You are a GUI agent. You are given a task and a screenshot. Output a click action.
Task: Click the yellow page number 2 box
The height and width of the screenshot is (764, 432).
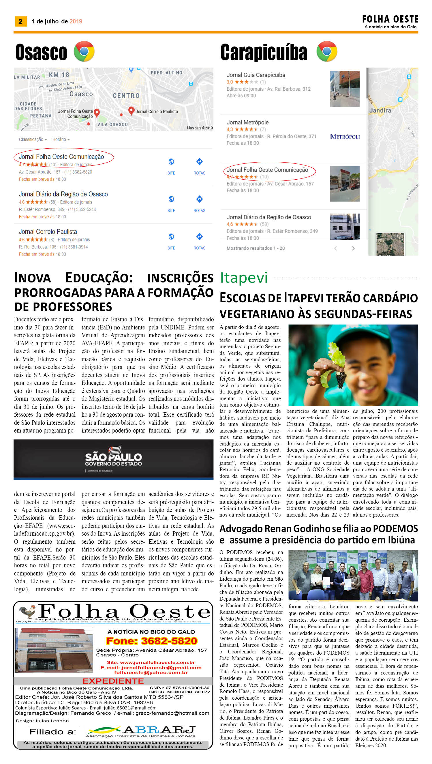pyautogui.click(x=20, y=21)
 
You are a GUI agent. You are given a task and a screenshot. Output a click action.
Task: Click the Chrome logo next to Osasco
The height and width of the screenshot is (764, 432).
pyautogui.click(x=84, y=51)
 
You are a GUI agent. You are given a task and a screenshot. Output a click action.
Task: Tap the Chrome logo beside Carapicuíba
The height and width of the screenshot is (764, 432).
pyautogui.click(x=327, y=51)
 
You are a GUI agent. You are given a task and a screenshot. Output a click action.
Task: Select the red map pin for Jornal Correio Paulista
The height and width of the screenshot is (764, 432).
pyautogui.click(x=131, y=111)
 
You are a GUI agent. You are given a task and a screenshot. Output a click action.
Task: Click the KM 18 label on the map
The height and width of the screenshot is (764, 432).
pyautogui.click(x=59, y=74)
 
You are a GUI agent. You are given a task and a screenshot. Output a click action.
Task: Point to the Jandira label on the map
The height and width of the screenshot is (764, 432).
pyautogui.click(x=380, y=111)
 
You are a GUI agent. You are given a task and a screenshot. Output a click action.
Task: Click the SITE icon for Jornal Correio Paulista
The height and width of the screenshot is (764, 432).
pyautogui.click(x=171, y=237)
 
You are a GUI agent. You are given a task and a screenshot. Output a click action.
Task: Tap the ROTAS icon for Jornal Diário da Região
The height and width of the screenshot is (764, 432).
pyautogui.click(x=199, y=199)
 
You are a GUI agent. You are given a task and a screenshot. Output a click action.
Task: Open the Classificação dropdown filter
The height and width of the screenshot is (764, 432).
pyautogui.click(x=33, y=139)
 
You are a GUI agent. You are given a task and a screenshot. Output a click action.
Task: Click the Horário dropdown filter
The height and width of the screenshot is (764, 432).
pyautogui.click(x=61, y=139)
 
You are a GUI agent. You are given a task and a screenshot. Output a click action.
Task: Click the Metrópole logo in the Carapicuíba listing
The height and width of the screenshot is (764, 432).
pyautogui.click(x=345, y=137)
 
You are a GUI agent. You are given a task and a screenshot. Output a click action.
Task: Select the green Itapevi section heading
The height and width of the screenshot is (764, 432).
pyautogui.click(x=244, y=278)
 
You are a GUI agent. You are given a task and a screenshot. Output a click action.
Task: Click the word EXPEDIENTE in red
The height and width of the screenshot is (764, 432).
pyautogui.click(x=113, y=681)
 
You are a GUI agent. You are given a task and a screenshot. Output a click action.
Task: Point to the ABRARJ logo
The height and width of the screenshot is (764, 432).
pyautogui.click(x=141, y=731)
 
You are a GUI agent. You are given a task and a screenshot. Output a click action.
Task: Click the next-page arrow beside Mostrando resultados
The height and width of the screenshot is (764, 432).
pyautogui.click(x=353, y=248)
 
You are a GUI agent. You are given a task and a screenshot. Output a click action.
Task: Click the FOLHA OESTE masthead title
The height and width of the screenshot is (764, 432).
pyautogui.click(x=390, y=20)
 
